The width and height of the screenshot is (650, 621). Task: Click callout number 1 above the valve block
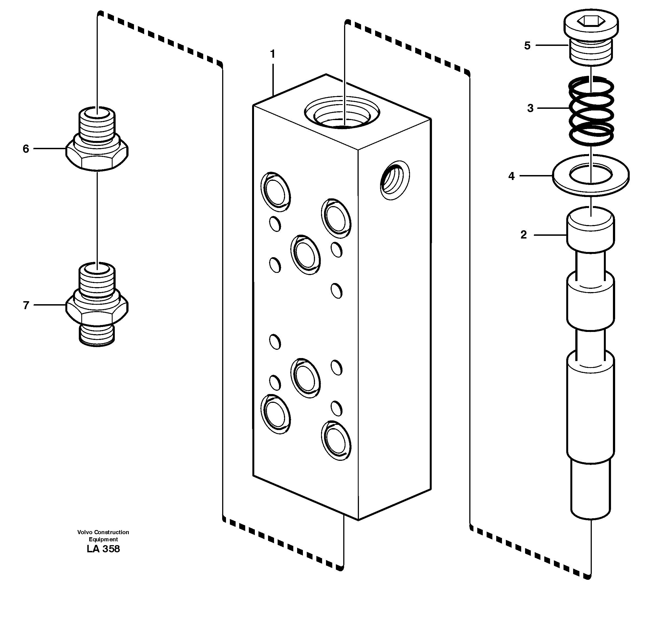point(273,54)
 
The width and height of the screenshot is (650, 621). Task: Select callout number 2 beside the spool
point(523,235)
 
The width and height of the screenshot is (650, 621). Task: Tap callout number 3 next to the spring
point(530,108)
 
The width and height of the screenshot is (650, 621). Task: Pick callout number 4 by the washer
point(511,176)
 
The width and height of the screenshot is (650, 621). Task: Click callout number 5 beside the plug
point(527,45)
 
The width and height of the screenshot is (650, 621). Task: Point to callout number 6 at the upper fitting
point(26,149)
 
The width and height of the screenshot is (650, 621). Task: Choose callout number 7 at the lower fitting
point(26,305)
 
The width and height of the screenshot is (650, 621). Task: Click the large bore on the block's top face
point(342,113)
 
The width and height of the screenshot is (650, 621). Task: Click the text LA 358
point(103,549)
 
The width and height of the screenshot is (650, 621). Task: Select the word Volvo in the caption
point(85,532)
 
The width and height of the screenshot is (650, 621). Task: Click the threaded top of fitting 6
point(97,124)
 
